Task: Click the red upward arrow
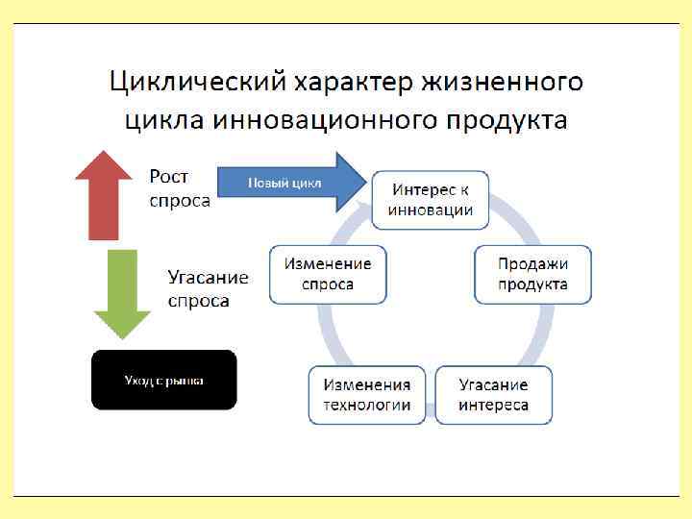(104, 196)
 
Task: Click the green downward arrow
(122, 291)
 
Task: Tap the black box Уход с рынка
(163, 380)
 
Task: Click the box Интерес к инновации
(430, 201)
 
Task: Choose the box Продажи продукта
(532, 274)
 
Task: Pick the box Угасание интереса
(493, 394)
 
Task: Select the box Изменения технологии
(366, 394)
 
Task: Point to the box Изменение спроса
(328, 274)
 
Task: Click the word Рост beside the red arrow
(169, 177)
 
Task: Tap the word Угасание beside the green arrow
(209, 278)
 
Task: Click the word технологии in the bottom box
(366, 405)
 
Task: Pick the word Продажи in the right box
(533, 263)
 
